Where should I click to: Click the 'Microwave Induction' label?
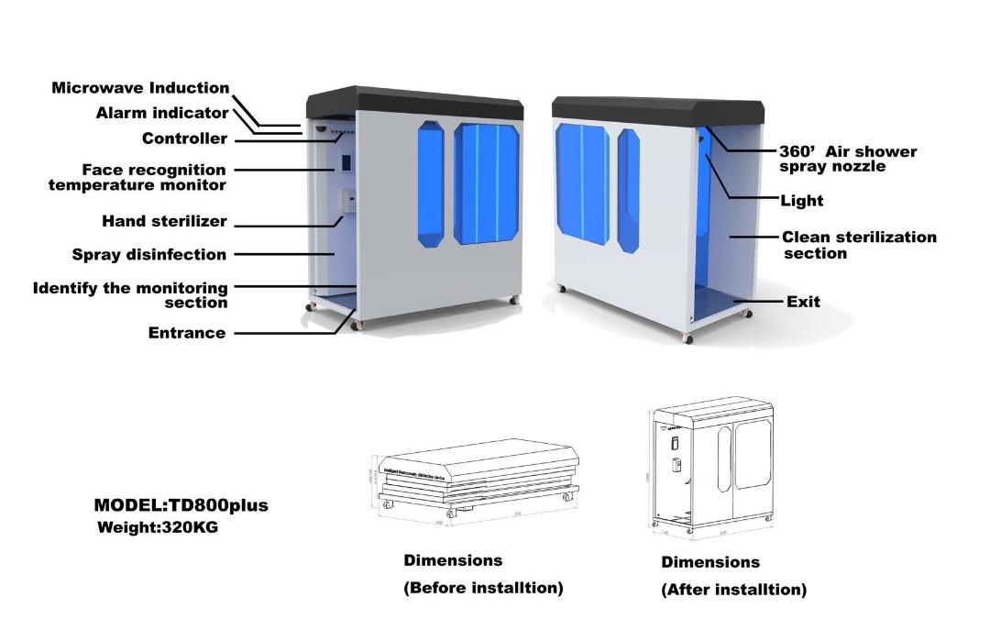point(140,88)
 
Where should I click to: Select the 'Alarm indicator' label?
point(162,113)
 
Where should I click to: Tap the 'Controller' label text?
point(184,138)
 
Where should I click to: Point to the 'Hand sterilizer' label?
point(164,221)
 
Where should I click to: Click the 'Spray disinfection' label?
point(148,254)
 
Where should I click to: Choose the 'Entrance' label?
point(186,333)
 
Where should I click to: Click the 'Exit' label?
point(803,301)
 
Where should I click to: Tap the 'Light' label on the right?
point(801,200)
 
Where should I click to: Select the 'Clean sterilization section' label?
point(859,245)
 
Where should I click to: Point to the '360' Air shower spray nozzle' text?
point(847,159)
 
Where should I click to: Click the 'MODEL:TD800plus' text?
point(181,505)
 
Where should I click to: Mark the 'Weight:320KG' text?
point(158,527)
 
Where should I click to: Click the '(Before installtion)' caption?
point(483,588)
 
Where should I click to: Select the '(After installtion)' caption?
point(733,590)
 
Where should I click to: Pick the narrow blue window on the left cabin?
point(430,184)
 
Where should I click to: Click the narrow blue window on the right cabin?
point(628,190)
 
